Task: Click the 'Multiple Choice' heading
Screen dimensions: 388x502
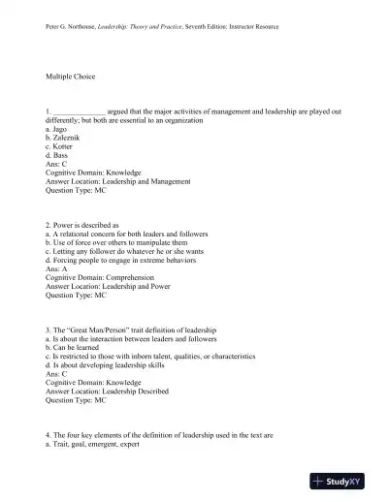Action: point(71,75)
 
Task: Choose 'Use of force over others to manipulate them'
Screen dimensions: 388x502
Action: point(120,242)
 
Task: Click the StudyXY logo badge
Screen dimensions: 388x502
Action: point(343,480)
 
